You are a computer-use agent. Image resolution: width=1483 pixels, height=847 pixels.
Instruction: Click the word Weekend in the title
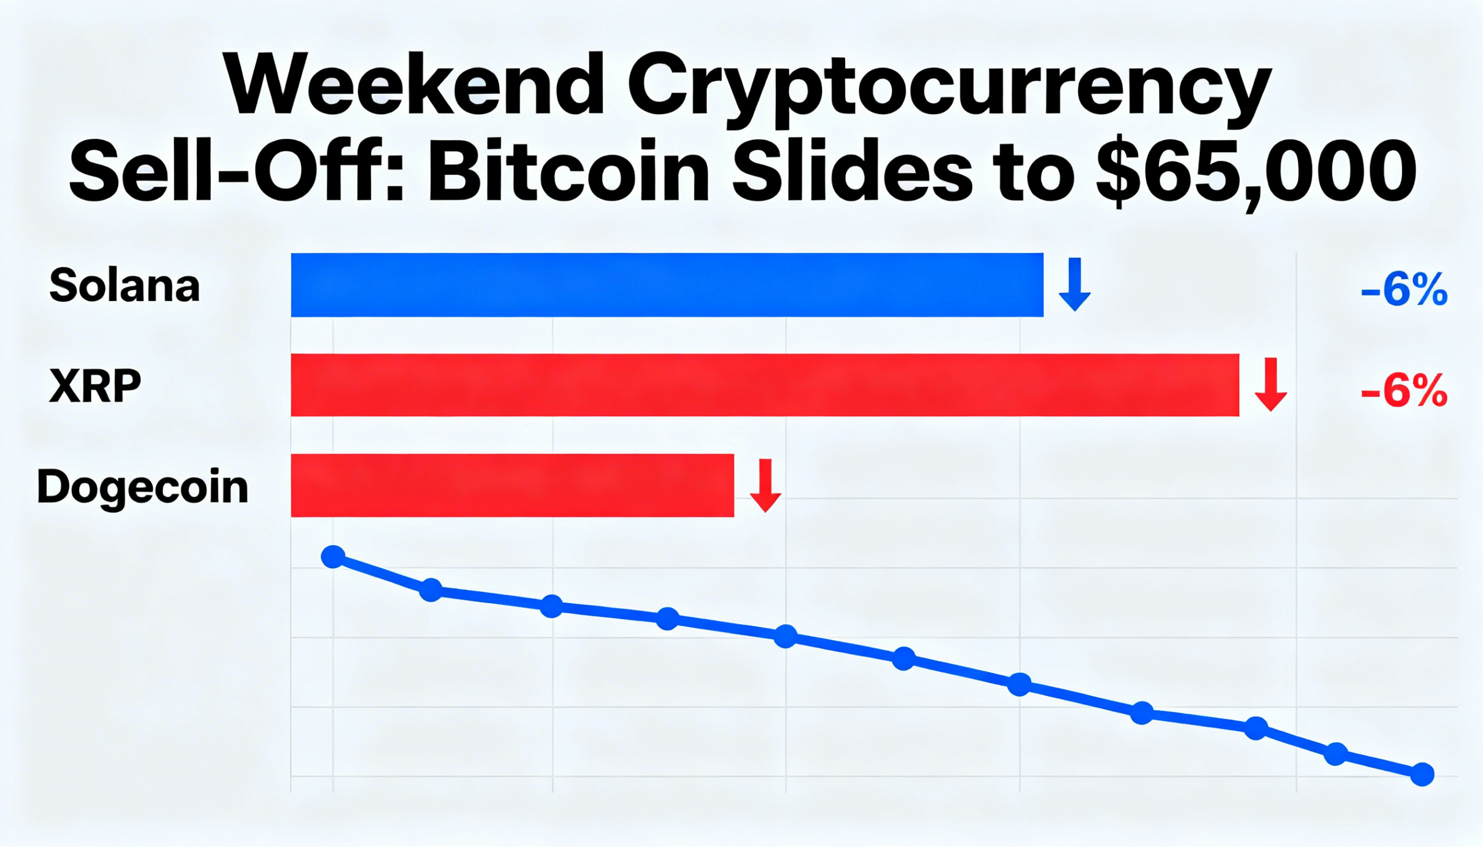pos(415,86)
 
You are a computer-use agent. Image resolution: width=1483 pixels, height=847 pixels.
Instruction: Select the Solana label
pos(125,285)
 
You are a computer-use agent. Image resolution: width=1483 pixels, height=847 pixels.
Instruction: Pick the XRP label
pos(95,386)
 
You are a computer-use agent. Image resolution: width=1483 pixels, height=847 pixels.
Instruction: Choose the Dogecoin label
pos(143,487)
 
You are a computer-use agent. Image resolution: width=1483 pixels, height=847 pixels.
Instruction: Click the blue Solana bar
pos(666,285)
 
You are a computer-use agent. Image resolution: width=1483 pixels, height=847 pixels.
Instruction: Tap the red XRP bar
pos(764,385)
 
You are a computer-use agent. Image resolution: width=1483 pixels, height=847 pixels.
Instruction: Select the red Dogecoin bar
pos(512,485)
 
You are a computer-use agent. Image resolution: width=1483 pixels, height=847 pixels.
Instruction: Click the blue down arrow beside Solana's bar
pos(1074,284)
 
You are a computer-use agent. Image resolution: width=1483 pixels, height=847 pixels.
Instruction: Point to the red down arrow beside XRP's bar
pos(1270,384)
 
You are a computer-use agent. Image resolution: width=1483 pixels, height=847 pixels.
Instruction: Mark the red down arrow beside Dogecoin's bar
pos(765,485)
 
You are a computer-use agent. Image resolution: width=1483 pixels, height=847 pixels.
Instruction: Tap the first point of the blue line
pos(333,557)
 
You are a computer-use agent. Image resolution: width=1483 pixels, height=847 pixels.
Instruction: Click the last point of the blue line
pos(1422,774)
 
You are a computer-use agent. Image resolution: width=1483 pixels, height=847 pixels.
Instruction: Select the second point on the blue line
pos(430,590)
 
